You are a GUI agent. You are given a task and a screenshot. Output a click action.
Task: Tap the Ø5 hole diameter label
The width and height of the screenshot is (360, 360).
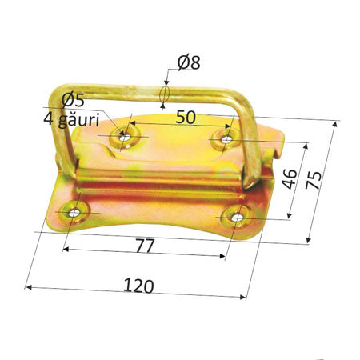tap(73, 99)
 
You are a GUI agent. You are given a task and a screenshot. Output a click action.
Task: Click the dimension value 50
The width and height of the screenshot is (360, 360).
tap(186, 117)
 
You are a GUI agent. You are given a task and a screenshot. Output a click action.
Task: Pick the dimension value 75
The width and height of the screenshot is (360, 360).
tap(319, 179)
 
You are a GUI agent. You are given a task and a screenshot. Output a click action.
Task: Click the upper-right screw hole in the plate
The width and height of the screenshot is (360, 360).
tap(226, 139)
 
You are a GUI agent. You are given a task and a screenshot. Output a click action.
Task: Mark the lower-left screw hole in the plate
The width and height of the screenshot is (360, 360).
tap(75, 213)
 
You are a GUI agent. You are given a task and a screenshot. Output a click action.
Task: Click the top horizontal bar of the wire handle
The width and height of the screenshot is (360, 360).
tap(144, 91)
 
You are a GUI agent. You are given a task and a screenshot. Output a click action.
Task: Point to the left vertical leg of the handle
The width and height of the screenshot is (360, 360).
tap(62, 136)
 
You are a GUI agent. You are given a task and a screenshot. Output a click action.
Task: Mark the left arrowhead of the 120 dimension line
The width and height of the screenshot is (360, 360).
tap(30, 286)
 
